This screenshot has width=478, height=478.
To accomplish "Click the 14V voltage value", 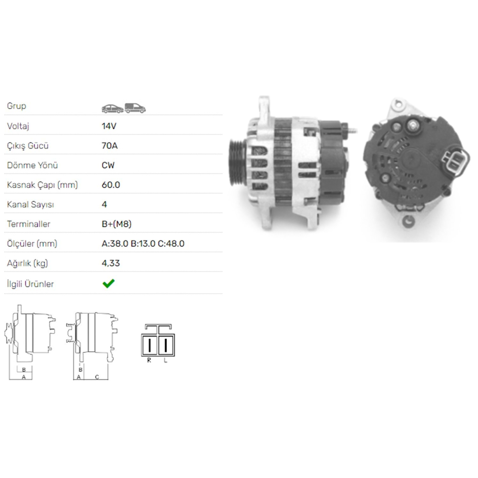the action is click(x=109, y=126).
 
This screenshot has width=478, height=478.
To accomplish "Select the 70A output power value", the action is click(x=110, y=146).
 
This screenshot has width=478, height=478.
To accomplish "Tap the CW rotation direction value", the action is click(x=108, y=165).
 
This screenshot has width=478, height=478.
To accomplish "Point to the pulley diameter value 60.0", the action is click(x=111, y=185).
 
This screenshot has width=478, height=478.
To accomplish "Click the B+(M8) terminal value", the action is click(x=117, y=224).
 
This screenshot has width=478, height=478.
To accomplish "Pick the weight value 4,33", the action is click(x=111, y=263).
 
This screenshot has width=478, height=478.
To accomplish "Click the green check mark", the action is click(x=109, y=283).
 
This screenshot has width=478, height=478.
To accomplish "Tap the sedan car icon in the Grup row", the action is click(x=112, y=109).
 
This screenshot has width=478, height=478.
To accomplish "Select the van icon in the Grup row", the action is click(x=135, y=108).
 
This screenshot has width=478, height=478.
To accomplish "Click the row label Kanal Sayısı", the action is click(x=31, y=205).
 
